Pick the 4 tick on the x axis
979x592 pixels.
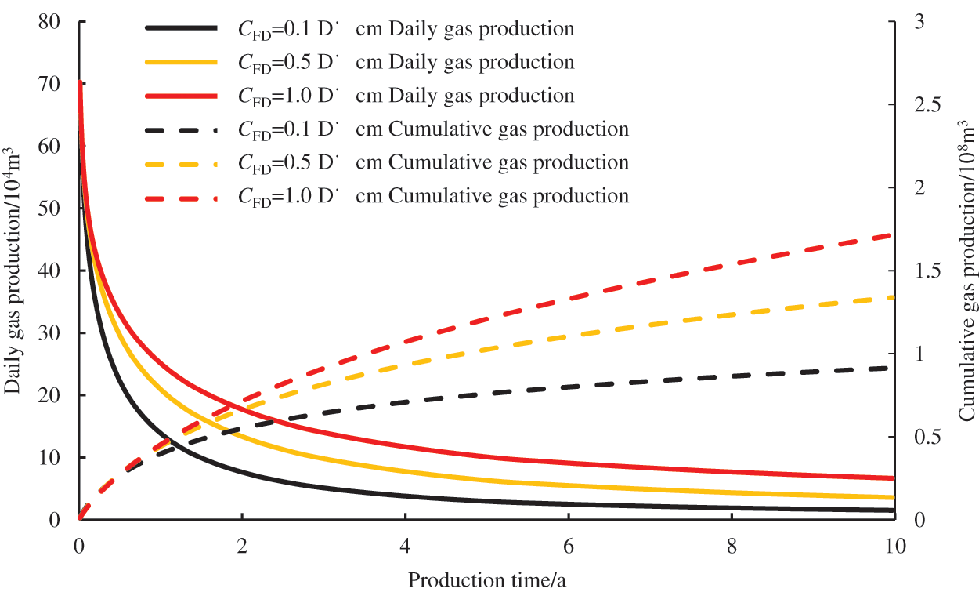pos(405,544)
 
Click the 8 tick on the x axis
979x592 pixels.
pos(731,544)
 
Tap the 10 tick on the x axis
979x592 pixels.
pos(894,544)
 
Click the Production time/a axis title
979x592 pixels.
pos(486,579)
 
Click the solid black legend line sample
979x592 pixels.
pos(181,28)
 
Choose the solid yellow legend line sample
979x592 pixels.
pos(181,62)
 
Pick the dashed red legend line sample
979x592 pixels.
pos(181,195)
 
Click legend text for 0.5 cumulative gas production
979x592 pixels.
pos(433,162)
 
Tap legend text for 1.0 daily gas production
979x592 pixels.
pos(406,96)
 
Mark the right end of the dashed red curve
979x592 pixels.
pos(893,234)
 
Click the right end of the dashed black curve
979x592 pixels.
pos(893,368)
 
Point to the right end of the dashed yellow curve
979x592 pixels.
pos(893,297)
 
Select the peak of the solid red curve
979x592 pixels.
pos(79,81)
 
